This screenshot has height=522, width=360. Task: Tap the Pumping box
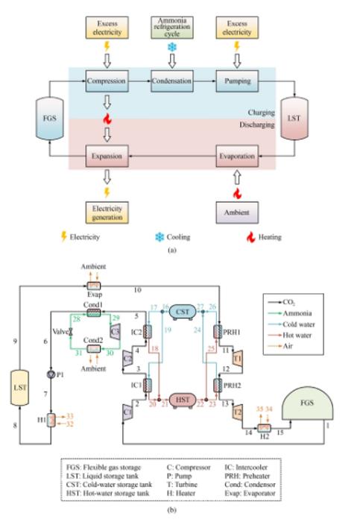[238, 80]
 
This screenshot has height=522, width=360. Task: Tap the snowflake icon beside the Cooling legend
[159, 237]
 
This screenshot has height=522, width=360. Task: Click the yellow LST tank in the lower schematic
[22, 389]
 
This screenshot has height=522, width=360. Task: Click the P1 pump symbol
[50, 374]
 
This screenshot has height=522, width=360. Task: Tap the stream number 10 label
[136, 289]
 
